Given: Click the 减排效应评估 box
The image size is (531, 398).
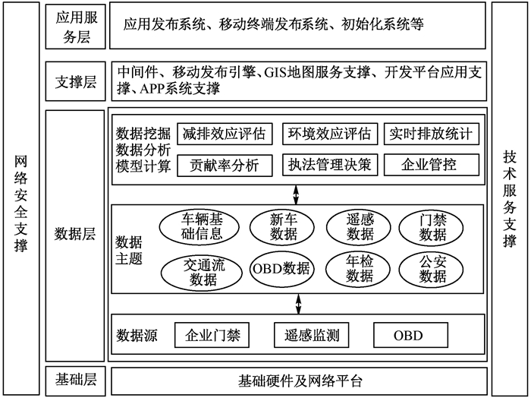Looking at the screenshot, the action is (x=225, y=134).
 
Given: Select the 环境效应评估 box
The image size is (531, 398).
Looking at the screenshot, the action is (x=330, y=134).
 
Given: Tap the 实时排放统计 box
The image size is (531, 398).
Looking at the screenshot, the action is (x=432, y=134).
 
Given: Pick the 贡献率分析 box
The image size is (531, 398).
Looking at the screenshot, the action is (x=225, y=166).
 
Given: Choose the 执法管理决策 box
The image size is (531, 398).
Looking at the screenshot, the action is (x=330, y=165).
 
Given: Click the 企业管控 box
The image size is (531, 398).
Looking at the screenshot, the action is (x=432, y=165).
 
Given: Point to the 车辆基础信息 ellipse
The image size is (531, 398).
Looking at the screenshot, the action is (x=200, y=227).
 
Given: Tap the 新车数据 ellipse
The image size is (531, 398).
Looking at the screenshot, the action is (x=282, y=227).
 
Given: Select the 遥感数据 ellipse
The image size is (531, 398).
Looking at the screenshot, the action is (x=358, y=227).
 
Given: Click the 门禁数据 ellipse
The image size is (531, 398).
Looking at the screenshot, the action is (x=431, y=228).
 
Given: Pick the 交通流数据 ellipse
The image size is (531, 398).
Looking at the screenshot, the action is (x=202, y=273).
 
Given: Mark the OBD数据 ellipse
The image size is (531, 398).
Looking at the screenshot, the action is (x=282, y=269).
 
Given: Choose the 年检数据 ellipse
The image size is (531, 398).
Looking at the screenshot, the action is (x=358, y=269).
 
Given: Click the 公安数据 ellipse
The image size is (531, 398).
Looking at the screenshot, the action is (x=431, y=270).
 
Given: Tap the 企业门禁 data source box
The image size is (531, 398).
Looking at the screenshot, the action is (x=212, y=335).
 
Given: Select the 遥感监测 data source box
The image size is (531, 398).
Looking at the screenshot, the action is (x=312, y=335).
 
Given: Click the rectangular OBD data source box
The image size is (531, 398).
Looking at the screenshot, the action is (x=411, y=335).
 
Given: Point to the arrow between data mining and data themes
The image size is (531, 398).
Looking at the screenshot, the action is (x=296, y=194).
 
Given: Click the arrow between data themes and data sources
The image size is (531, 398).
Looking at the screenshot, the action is (x=298, y=304).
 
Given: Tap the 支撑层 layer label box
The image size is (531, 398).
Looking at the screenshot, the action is (x=76, y=81).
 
